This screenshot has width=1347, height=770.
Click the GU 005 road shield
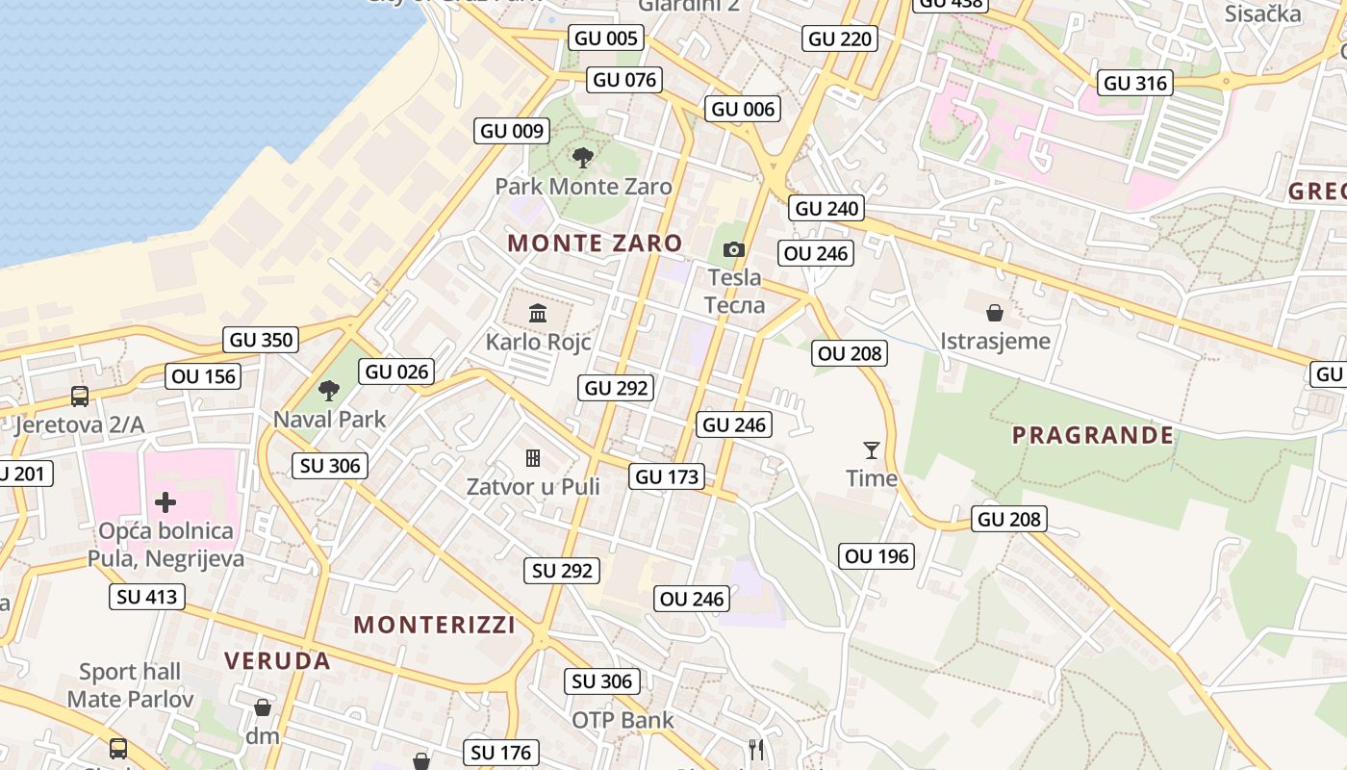(x=606, y=38)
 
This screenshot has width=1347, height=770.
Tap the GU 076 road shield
(x=625, y=79)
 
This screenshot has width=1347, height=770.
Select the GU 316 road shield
(x=1135, y=83)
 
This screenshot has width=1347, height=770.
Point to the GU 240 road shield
(x=826, y=208)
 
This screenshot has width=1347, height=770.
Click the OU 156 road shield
(x=203, y=376)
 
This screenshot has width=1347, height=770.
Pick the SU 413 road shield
(x=147, y=597)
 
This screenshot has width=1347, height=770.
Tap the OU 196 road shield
(x=877, y=556)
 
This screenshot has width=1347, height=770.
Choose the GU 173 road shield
(x=668, y=476)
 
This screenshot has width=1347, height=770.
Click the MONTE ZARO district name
(x=595, y=244)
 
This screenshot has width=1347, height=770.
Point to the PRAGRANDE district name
(x=1093, y=435)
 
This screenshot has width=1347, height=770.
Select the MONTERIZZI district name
(x=435, y=625)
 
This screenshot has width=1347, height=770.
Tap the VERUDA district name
(x=277, y=661)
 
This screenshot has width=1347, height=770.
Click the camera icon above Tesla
(x=734, y=250)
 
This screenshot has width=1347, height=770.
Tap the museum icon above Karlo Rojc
(x=538, y=313)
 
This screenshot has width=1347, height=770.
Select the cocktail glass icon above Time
(x=872, y=449)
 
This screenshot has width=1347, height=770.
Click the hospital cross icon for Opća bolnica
(x=165, y=501)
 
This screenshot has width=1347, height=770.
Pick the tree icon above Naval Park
(x=329, y=390)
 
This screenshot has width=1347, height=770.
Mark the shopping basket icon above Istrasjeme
(x=995, y=313)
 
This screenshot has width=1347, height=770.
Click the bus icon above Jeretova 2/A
(x=80, y=396)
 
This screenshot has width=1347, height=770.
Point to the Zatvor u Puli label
(x=533, y=487)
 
